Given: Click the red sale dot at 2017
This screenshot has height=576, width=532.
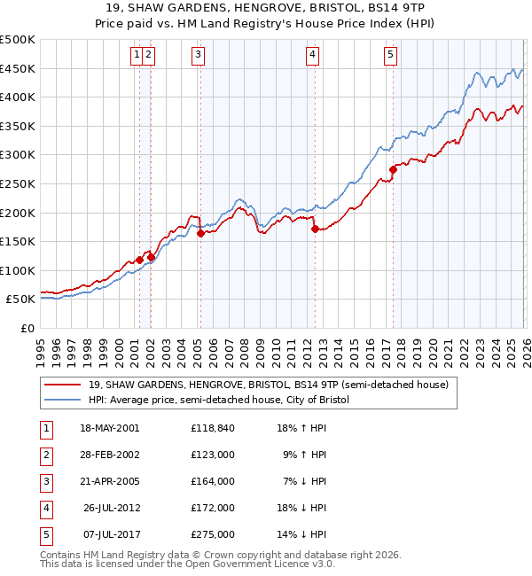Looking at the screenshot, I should click(x=393, y=169).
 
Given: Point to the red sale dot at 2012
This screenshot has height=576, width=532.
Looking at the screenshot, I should click(x=315, y=229).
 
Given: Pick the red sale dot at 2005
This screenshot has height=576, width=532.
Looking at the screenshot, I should click(x=200, y=233).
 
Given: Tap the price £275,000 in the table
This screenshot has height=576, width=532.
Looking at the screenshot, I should click(x=213, y=534).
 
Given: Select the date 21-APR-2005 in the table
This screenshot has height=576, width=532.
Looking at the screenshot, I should click(x=109, y=481).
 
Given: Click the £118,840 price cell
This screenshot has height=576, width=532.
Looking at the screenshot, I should click(x=213, y=428).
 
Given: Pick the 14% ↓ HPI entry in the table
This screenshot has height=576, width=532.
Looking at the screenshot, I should click(x=303, y=534).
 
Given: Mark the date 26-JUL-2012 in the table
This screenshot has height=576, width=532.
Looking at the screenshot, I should click(x=109, y=508).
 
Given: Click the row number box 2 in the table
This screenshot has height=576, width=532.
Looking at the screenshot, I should click(x=44, y=455).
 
